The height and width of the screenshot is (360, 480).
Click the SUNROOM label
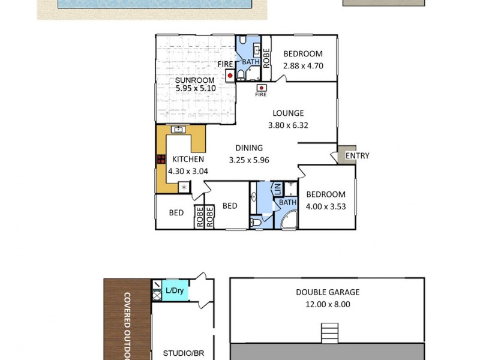pos(196,80)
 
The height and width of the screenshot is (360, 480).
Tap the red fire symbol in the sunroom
pos(230,76)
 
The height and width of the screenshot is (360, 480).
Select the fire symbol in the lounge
pos(261,87)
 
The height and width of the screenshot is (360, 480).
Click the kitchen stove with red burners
pos(161,160)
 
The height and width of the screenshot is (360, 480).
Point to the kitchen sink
pos(178,129)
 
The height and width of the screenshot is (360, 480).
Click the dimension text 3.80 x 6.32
pos(288,125)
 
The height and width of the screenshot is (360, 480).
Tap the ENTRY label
pos(358,156)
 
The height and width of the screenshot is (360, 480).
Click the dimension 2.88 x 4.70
pos(303,65)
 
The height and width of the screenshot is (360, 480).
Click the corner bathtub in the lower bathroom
pos(286,220)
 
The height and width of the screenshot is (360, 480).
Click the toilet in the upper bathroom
pos(241,75)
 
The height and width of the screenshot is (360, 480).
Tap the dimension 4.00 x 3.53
pos(326,206)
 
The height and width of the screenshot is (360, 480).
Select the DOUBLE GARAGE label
pos(328,292)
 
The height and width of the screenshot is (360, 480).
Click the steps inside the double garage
pos(328,332)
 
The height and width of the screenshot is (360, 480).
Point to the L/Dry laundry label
pos(175,291)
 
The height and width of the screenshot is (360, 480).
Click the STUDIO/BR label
pos(184,353)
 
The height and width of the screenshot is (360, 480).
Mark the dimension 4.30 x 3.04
pos(188,171)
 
